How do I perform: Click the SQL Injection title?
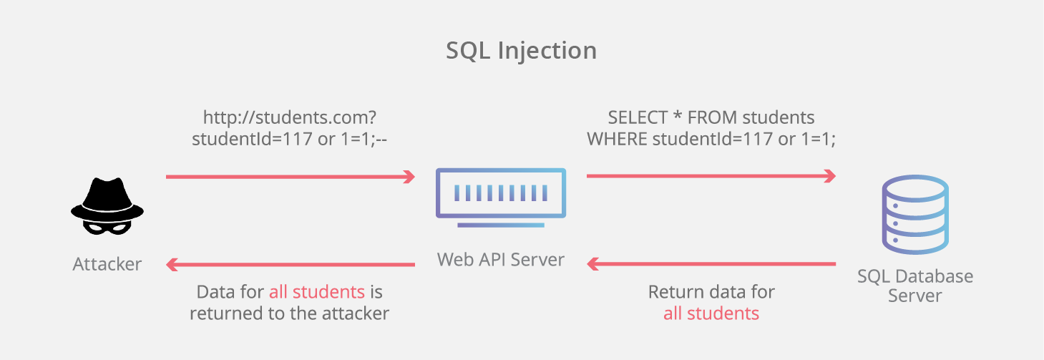point(521,51)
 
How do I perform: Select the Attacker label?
point(107,264)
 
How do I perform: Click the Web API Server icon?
point(500,196)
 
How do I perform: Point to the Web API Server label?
point(500,259)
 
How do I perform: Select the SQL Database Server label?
point(915,286)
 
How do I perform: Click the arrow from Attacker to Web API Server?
point(290,176)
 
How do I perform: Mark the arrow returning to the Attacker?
point(290,264)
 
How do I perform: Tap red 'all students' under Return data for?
point(711,313)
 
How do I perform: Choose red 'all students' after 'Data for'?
point(317,292)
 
